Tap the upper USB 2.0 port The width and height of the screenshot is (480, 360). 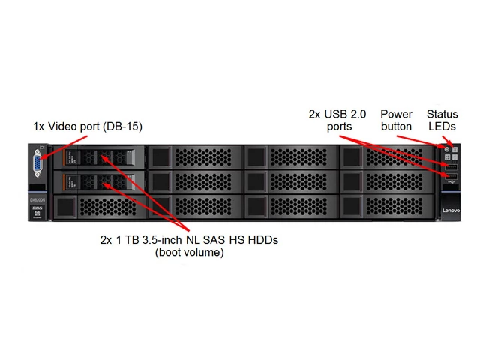coord(450,166)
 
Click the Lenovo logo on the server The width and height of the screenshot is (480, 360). coord(451,211)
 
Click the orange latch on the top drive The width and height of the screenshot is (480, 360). coord(66,157)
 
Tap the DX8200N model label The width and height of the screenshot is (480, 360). coord(38,200)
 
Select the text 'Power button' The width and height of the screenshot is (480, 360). coord(396,120)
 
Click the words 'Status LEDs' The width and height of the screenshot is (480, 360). coord(442,120)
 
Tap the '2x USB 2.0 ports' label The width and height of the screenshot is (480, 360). coord(337,120)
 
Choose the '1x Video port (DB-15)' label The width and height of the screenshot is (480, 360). coord(88,127)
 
